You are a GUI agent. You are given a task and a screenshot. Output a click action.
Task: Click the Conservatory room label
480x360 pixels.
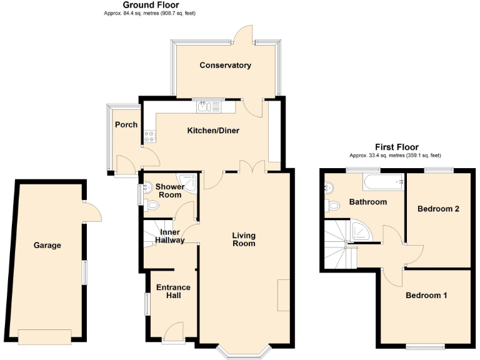(x=225, y=65)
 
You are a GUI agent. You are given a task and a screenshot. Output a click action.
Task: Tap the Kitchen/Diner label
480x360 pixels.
(x=214, y=131)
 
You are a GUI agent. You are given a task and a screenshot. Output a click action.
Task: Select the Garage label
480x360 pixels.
(x=47, y=245)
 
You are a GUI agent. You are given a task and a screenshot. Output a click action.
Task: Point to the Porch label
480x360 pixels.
(x=126, y=124)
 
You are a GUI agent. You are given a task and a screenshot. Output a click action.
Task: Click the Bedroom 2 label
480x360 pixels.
(x=439, y=209)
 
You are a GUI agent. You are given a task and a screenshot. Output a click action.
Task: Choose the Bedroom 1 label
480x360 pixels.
(x=426, y=295)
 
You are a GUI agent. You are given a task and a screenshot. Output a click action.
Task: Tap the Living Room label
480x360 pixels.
(x=244, y=239)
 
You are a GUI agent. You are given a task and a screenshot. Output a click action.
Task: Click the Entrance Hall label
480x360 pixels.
(x=173, y=291)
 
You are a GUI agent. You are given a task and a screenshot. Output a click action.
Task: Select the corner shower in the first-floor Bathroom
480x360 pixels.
(x=362, y=231)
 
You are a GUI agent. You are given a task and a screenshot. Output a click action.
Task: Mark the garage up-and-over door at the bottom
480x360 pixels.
(x=44, y=336)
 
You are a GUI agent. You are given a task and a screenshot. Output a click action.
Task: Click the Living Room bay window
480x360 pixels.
(x=244, y=352)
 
